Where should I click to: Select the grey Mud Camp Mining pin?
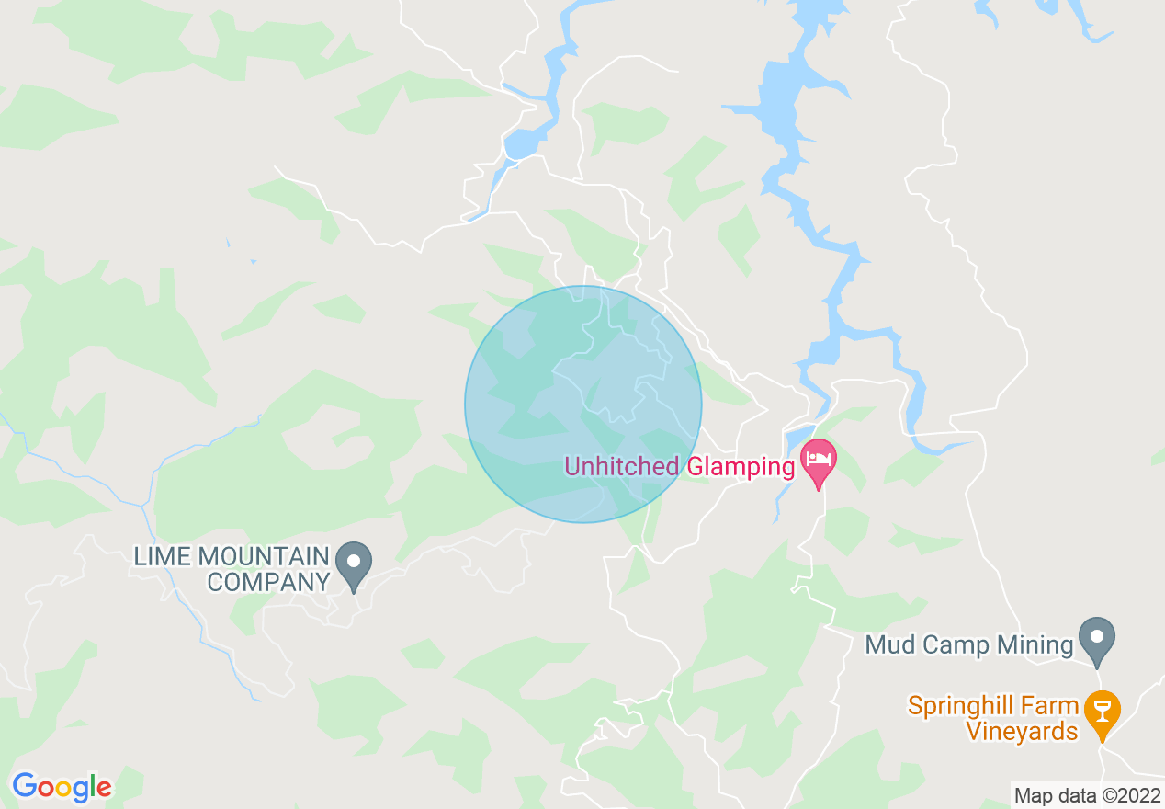[x=1095, y=641]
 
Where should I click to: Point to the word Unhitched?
[x=622, y=467]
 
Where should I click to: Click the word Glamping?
[x=741, y=467]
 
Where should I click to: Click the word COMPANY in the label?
[x=267, y=581]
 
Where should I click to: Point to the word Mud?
[x=888, y=645]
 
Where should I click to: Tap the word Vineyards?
[x=1021, y=731]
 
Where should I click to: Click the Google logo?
[x=62, y=787]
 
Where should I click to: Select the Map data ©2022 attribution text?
[x=1087, y=795]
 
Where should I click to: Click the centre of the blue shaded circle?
[x=583, y=404]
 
